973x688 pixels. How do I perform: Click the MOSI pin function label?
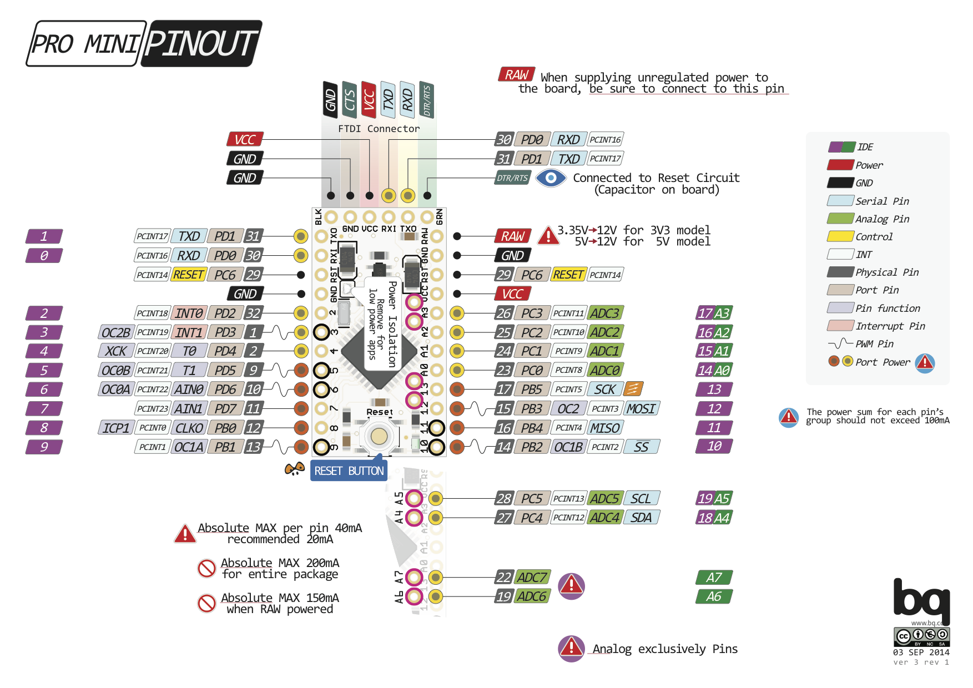coord(642,409)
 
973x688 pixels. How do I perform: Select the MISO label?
coord(604,428)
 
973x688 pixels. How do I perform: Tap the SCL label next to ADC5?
coord(641,498)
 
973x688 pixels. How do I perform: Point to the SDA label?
coord(641,518)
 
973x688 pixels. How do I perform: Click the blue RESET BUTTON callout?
coord(349,471)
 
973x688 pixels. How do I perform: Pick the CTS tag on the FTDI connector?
coord(350,100)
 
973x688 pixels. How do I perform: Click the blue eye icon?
coord(551,178)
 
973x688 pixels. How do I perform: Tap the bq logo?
coord(921,599)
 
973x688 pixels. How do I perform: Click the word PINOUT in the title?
coord(201,44)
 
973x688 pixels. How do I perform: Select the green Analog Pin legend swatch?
coord(840,219)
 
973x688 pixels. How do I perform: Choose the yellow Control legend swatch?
coord(840,236)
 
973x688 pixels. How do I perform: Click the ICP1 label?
coord(115,428)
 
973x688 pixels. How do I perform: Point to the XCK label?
coord(115,351)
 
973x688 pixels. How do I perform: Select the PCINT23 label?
coord(152,409)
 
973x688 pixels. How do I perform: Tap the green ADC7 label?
coord(532,578)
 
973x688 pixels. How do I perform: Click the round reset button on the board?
coord(379,436)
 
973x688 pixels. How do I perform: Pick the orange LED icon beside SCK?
coord(633,389)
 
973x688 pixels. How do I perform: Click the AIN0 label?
coord(189,389)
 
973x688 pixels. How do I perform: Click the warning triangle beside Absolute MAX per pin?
coord(184,534)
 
